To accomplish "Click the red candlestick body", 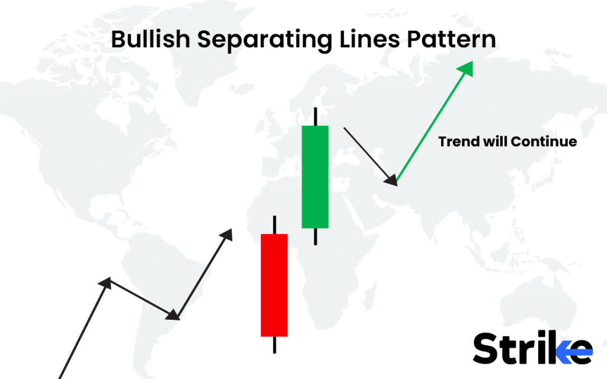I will tap(274, 285).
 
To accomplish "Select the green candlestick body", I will tap(315, 176).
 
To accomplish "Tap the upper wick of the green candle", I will tap(315, 116).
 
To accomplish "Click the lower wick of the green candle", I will tap(315, 236).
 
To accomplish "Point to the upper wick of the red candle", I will tap(274, 224).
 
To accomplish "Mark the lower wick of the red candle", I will tap(274, 345).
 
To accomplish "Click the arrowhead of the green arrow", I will tap(467, 69).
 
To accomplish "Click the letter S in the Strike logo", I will tap(487, 348).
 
